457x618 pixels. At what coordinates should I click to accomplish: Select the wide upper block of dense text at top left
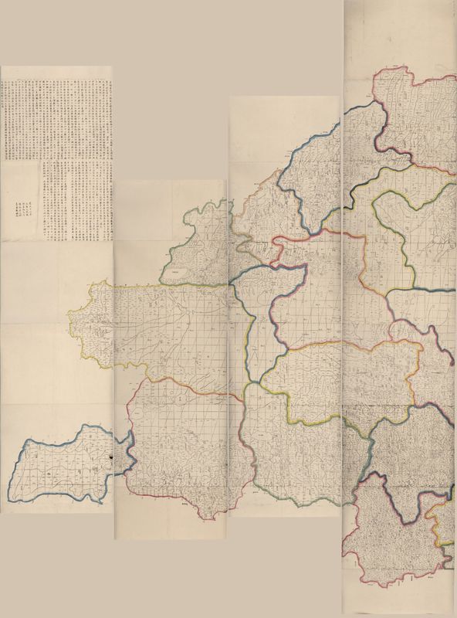(x=58, y=116)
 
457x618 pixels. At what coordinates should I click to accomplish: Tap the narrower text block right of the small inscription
(x=77, y=201)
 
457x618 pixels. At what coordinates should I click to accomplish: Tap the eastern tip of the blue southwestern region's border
(x=136, y=460)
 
